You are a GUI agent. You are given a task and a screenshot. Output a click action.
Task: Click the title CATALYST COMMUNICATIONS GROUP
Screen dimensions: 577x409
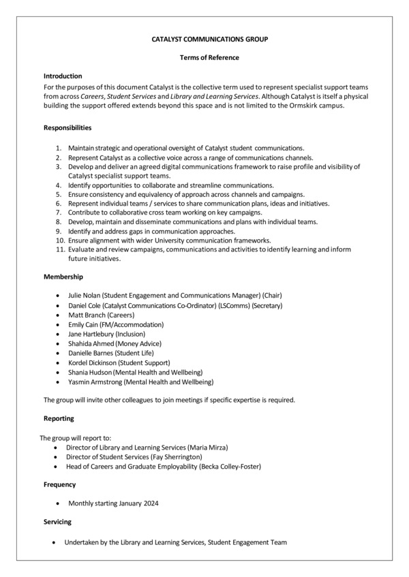(x=209, y=40)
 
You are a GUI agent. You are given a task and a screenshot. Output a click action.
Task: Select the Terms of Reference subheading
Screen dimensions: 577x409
(x=209, y=58)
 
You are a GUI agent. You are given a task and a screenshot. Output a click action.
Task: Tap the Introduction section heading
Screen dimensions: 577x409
(x=63, y=76)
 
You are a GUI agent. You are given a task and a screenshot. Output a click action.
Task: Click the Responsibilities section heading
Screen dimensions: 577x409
(x=67, y=127)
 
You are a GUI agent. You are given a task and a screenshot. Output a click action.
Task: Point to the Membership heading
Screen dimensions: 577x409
(x=63, y=277)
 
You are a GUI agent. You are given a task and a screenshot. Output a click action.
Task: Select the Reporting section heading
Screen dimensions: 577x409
(x=59, y=418)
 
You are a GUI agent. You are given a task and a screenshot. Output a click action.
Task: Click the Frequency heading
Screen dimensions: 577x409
(x=60, y=484)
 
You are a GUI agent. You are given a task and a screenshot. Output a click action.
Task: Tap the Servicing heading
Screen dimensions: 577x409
(x=59, y=521)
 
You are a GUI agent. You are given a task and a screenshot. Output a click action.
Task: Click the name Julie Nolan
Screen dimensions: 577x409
(x=85, y=295)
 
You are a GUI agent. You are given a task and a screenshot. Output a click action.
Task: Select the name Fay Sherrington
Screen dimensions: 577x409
(x=177, y=456)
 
